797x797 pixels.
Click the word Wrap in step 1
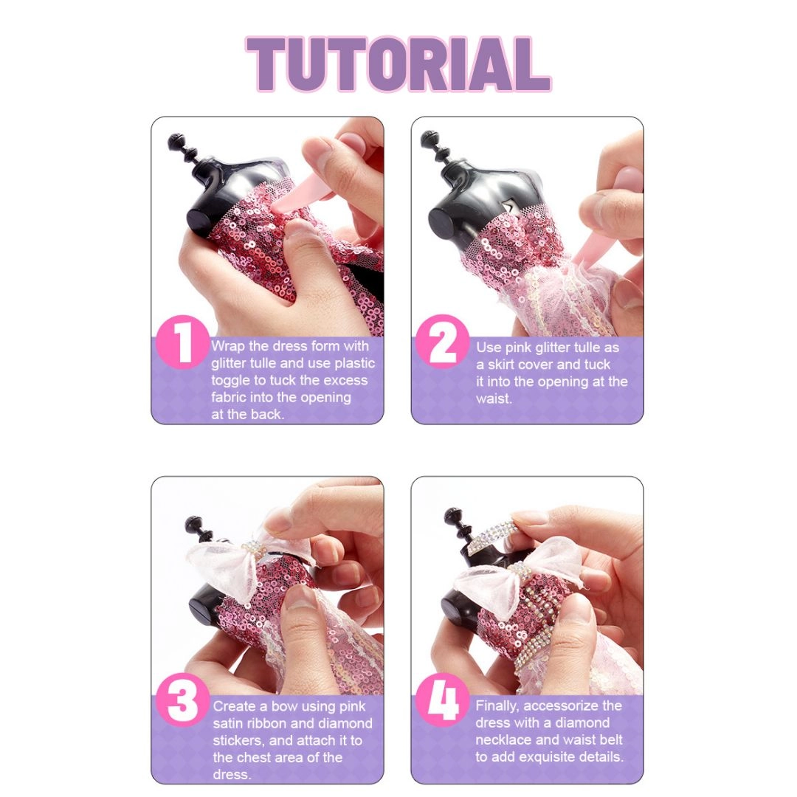(x=227, y=346)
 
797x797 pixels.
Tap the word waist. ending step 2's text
(x=494, y=398)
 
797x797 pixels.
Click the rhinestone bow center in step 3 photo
(x=255, y=549)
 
